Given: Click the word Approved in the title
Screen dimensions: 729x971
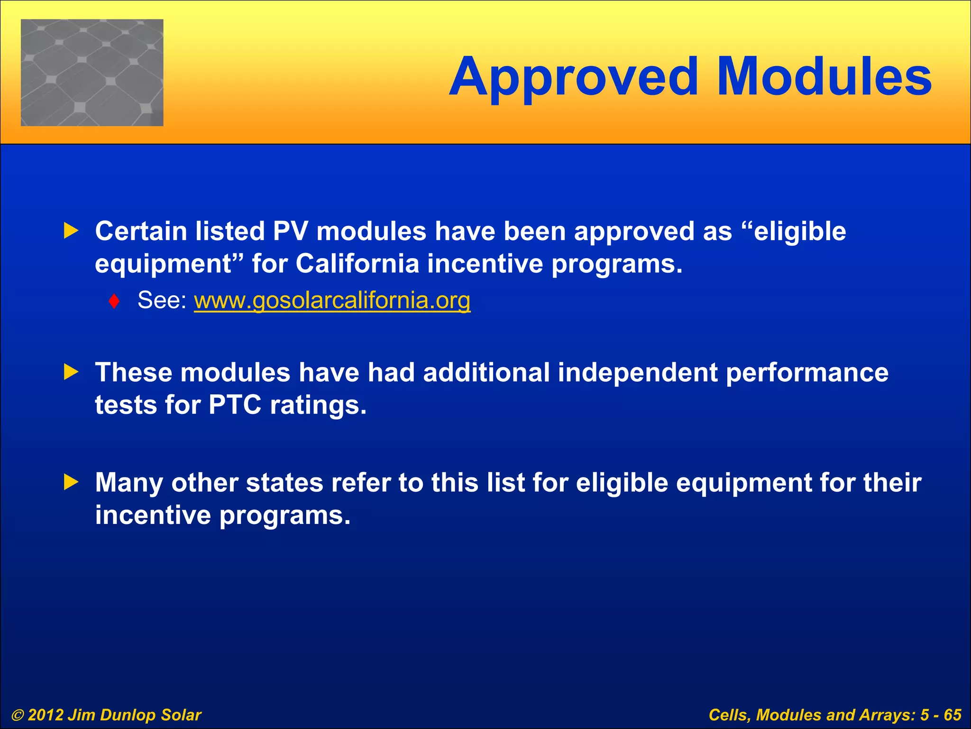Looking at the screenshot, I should coord(574,77).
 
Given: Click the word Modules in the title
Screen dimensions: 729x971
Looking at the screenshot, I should coord(824,77).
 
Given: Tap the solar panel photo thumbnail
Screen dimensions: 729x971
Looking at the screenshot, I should coord(92,73).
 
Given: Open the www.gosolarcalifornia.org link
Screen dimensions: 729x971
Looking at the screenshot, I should coord(332,300).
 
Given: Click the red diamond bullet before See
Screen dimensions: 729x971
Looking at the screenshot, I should coord(114,301).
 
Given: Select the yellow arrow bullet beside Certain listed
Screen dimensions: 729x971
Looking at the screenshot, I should coord(71,232).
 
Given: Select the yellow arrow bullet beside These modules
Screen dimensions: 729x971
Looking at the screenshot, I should coord(71,372).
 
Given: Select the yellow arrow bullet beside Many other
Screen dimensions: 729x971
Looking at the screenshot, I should coord(71,483).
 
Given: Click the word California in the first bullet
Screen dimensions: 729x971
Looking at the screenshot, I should coord(357,264).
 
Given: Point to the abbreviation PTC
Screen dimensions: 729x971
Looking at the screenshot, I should coord(235,405).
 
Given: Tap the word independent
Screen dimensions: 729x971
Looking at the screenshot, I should coord(638,373).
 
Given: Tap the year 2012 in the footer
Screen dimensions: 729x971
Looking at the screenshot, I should coord(46,715).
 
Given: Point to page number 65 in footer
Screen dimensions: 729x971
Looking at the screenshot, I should coord(953,715).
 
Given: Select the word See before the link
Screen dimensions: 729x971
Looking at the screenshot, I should coord(162,300).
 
